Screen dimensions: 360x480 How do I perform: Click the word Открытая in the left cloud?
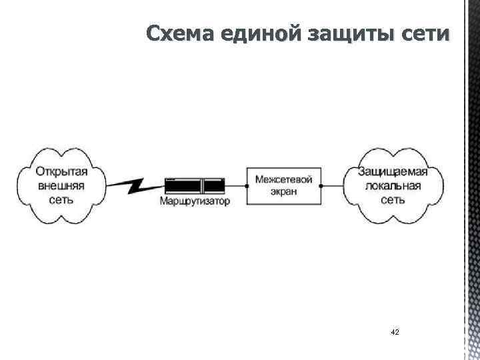(x=61, y=171)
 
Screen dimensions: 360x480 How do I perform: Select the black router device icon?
(x=194, y=185)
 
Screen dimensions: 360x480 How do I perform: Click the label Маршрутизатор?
(x=195, y=201)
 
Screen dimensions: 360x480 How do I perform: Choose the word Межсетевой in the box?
(x=284, y=178)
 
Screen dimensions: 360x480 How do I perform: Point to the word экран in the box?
(x=284, y=191)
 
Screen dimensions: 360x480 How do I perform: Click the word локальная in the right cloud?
(x=393, y=185)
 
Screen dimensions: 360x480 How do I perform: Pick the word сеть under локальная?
(x=393, y=199)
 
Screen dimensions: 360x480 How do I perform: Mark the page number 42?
(x=395, y=331)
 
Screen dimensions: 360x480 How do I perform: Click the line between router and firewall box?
(x=235, y=185)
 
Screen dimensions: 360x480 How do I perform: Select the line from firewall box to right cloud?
(x=331, y=185)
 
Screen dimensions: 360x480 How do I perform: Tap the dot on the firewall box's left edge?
(x=247, y=185)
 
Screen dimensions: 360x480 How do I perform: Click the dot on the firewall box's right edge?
(x=321, y=185)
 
